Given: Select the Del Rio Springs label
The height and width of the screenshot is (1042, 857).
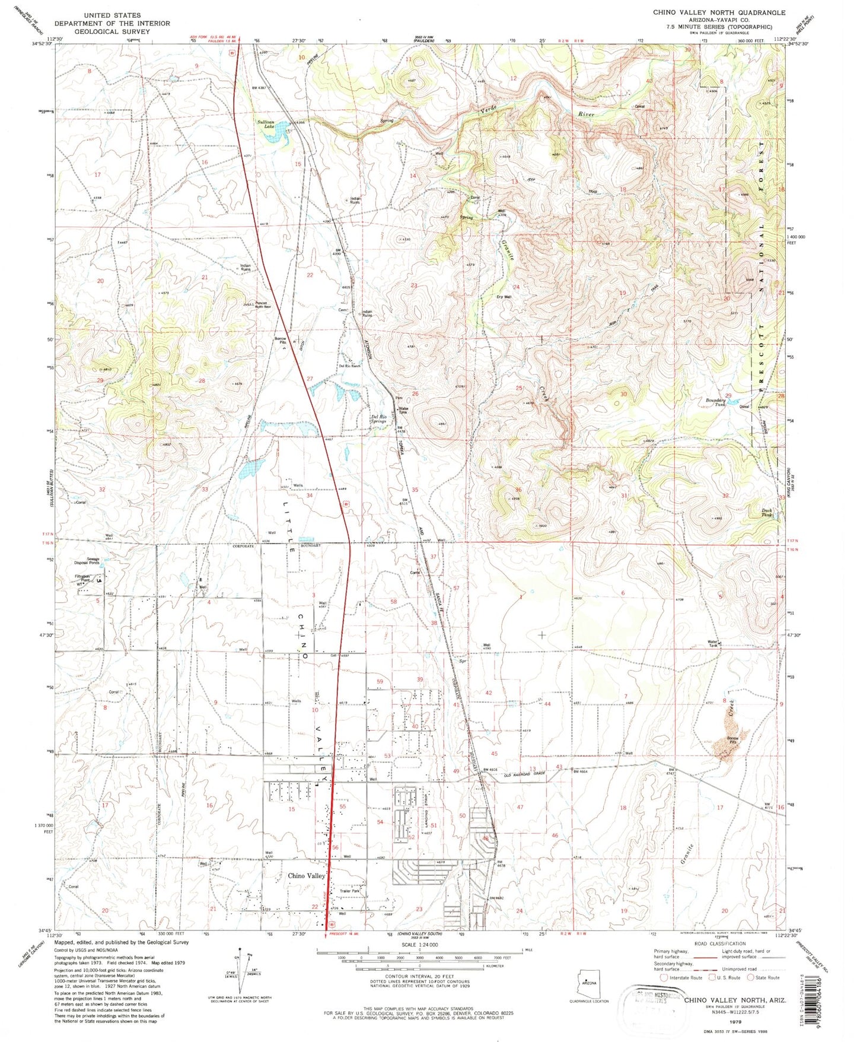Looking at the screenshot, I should point(378,418).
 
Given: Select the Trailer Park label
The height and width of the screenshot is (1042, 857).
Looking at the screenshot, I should point(351,891).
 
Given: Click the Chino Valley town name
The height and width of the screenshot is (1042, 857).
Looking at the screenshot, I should point(307,876).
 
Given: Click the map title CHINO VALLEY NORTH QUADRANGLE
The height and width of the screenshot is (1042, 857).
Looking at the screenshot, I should point(719,12).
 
